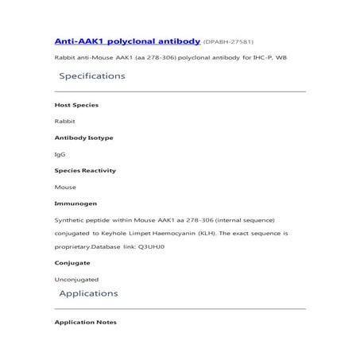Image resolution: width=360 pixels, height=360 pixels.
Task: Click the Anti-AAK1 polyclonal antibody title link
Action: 126,40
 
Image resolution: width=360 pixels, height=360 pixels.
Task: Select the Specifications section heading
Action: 92,76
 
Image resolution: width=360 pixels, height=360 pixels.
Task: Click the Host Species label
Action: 76,105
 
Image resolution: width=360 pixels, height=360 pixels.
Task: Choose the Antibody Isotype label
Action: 83,137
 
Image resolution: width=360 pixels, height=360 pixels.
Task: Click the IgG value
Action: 60,154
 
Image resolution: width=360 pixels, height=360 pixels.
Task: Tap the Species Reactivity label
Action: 85,170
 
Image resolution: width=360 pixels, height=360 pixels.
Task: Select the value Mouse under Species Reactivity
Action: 65,187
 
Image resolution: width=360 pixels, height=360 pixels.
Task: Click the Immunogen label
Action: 75,203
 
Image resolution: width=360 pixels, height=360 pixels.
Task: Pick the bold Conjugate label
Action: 72,261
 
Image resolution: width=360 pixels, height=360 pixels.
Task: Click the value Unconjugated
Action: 76,280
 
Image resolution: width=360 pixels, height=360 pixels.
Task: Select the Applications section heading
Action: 88,294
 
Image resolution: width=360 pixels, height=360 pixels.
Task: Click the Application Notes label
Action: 85,322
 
